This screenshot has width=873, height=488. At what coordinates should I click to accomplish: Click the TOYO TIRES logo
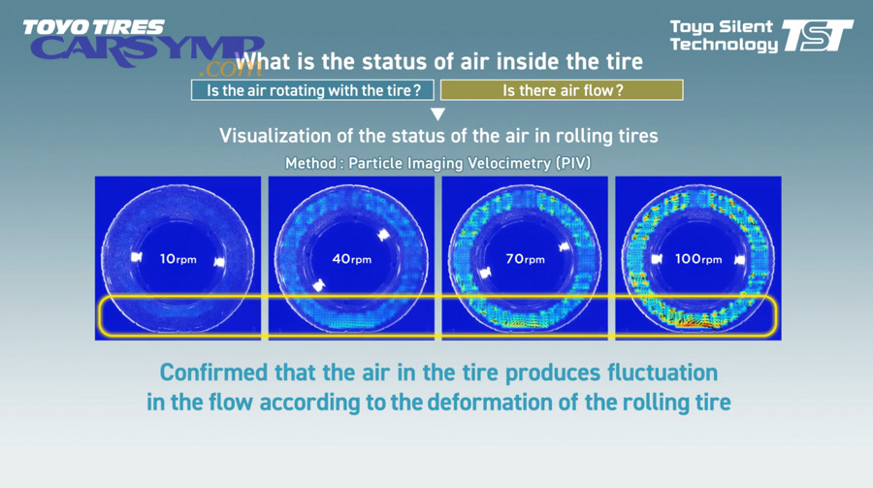[x=94, y=27]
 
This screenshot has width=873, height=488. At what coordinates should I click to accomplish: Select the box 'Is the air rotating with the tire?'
[x=312, y=91]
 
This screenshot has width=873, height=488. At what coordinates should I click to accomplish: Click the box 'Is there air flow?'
[x=562, y=91]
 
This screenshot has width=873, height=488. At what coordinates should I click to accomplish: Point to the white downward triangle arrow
[x=437, y=114]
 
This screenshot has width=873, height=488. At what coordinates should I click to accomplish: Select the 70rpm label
[x=524, y=259]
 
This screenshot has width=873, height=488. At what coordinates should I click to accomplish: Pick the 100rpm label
[x=698, y=259]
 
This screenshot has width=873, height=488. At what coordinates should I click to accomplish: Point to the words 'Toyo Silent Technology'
[x=723, y=35]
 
